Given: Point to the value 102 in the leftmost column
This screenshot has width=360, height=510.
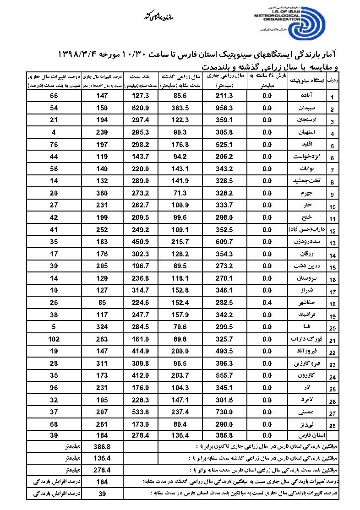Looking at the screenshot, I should click(x=54, y=340).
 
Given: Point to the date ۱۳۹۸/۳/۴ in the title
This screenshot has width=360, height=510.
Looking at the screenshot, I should click(x=82, y=55).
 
